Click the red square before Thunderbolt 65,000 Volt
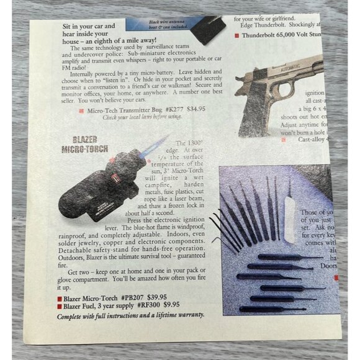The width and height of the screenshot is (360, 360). (x=236, y=35)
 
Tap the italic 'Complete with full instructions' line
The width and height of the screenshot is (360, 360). (x=130, y=315)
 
